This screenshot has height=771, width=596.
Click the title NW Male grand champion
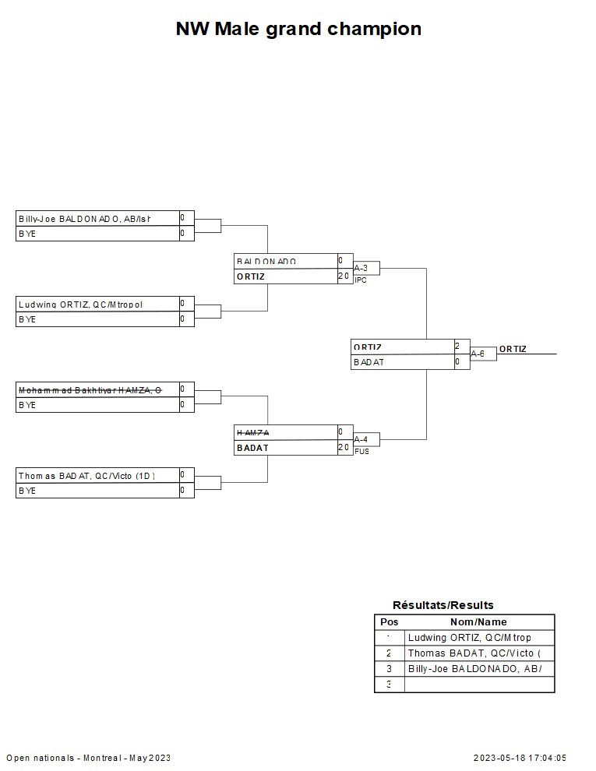click(x=298, y=30)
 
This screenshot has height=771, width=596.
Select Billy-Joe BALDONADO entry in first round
click(x=84, y=219)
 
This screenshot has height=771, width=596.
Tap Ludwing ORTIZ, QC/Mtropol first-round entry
click(x=81, y=305)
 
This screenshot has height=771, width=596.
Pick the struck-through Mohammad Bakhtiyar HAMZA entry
click(x=90, y=390)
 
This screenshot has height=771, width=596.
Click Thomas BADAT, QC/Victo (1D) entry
click(x=86, y=476)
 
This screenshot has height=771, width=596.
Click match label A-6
click(x=478, y=354)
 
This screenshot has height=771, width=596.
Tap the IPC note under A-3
click(x=360, y=280)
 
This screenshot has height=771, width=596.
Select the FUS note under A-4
click(x=361, y=452)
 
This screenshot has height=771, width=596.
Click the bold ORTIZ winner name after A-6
click(x=513, y=350)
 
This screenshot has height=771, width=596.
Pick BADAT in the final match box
click(x=369, y=362)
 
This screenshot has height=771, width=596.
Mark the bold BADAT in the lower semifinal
click(x=252, y=448)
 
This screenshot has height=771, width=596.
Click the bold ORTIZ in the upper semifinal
click(x=251, y=276)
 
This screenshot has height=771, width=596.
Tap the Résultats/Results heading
click(x=443, y=605)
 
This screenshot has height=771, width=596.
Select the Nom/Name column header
click(x=478, y=622)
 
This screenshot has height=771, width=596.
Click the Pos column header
click(x=389, y=622)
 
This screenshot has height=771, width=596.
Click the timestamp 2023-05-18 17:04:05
click(x=520, y=758)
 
